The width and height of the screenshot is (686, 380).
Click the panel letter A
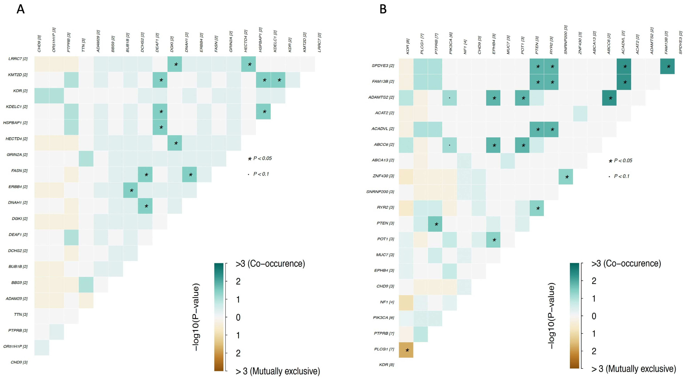pos(21,9)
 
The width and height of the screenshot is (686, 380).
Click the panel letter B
pos(383,9)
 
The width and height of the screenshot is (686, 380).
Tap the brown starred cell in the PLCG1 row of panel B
pos(406,350)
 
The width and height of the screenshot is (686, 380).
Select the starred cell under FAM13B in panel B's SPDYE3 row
pos(667,66)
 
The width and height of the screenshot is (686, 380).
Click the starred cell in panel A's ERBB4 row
pos(131,190)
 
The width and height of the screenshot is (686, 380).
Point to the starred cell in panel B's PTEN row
pos(435,224)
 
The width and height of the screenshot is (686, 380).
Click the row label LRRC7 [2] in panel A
pos(18,59)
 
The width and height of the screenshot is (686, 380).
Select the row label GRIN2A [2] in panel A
pos(17,155)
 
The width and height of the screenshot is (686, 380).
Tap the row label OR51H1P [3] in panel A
pos(15,346)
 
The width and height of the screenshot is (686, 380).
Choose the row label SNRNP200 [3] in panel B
pos(380,191)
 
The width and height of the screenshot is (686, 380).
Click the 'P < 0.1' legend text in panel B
pos(622,176)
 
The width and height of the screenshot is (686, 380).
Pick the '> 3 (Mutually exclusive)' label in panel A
pos(278,371)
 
